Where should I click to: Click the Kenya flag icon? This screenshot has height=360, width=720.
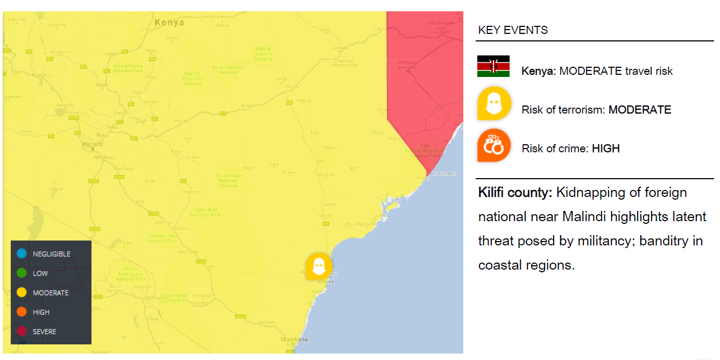[x=493, y=66]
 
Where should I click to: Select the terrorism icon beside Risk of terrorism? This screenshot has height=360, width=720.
[x=493, y=103]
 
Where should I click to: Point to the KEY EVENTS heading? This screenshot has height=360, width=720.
[x=513, y=30]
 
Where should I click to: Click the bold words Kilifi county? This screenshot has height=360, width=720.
[x=515, y=193]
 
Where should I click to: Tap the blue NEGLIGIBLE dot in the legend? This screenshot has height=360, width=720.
[x=22, y=254]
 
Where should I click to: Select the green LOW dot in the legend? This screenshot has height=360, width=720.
[x=22, y=273]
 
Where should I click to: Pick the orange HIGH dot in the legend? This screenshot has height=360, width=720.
[x=22, y=312]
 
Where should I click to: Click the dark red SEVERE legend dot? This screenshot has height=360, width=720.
[x=22, y=331]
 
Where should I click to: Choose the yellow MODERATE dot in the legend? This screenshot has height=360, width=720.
[x=22, y=293]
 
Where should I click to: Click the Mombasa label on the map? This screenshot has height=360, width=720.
[x=294, y=340]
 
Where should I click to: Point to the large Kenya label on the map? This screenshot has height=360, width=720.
[x=169, y=23]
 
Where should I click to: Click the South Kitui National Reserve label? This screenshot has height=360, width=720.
[x=228, y=180]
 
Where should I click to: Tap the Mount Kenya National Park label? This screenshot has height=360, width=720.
[x=128, y=68]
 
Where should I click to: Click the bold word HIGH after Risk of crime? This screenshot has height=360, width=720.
[x=605, y=149]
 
